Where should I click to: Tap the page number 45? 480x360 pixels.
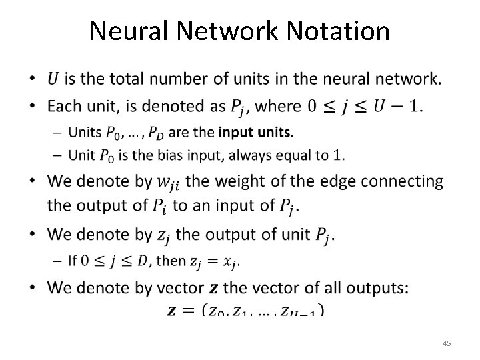(447, 343)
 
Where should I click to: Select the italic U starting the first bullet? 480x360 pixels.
(53, 79)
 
